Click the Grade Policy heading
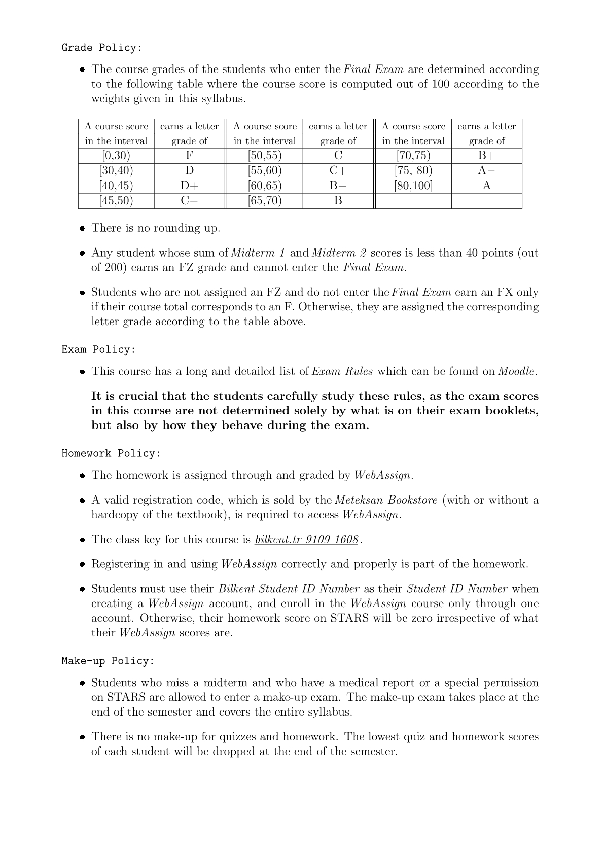101,48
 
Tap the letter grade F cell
189,156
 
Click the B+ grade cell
486,156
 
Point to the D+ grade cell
189,186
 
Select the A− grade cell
486,170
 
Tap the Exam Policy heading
98,350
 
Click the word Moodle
516,371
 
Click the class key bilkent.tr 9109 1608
307,539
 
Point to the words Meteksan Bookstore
386,500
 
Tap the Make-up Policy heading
108,661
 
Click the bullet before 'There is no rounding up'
82,229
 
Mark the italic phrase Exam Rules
342,371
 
